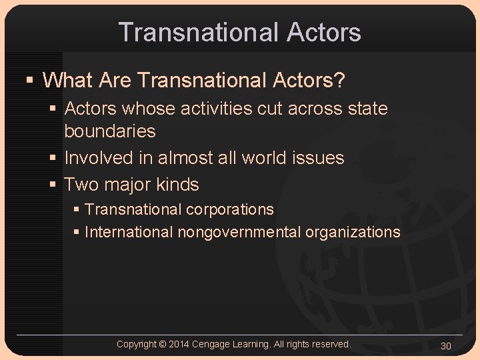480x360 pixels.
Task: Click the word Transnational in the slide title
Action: coord(197,32)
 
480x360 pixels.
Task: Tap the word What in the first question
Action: coord(68,81)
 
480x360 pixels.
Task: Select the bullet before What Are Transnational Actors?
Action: coord(29,81)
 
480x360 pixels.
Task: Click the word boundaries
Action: coord(109,131)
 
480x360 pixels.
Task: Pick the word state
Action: coord(366,108)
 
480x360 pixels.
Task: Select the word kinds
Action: coord(177,184)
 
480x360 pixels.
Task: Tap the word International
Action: coord(129,232)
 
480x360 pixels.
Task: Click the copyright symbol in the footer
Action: coord(163,344)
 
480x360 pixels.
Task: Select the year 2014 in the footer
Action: coord(179,344)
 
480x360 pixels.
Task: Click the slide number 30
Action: coord(446,345)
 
